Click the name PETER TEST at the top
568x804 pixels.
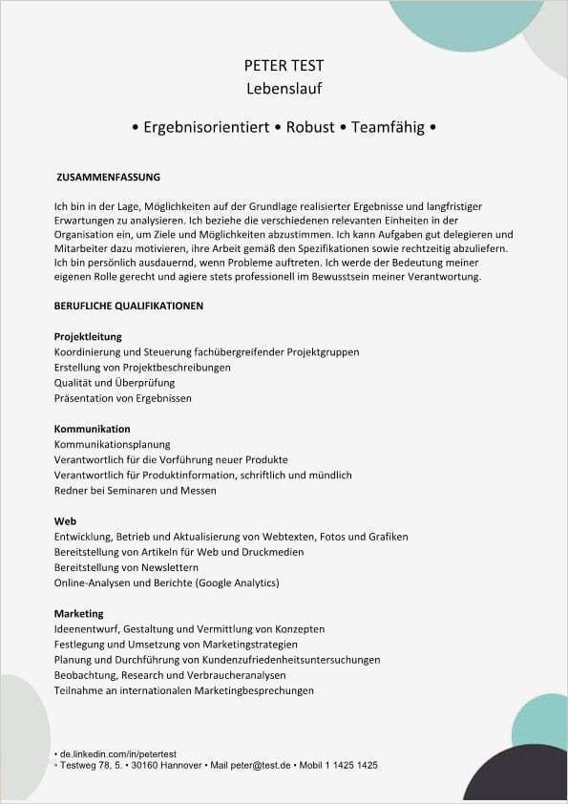[284, 66]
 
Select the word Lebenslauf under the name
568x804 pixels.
[284, 89]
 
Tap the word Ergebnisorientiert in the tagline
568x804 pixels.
[205, 127]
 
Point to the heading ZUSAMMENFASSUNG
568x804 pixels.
[109, 178]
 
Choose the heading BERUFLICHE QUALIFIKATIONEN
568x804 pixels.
[129, 306]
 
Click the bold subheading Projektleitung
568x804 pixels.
[88, 336]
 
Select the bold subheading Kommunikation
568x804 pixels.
[93, 429]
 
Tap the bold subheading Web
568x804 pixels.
[65, 521]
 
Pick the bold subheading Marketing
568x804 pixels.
[79, 613]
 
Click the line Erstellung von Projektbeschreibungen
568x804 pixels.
[142, 367]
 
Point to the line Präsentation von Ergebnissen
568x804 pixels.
[123, 397]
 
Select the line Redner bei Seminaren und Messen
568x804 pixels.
[136, 490]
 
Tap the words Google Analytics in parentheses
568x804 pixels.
[237, 582]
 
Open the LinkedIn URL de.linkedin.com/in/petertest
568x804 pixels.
[118, 754]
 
